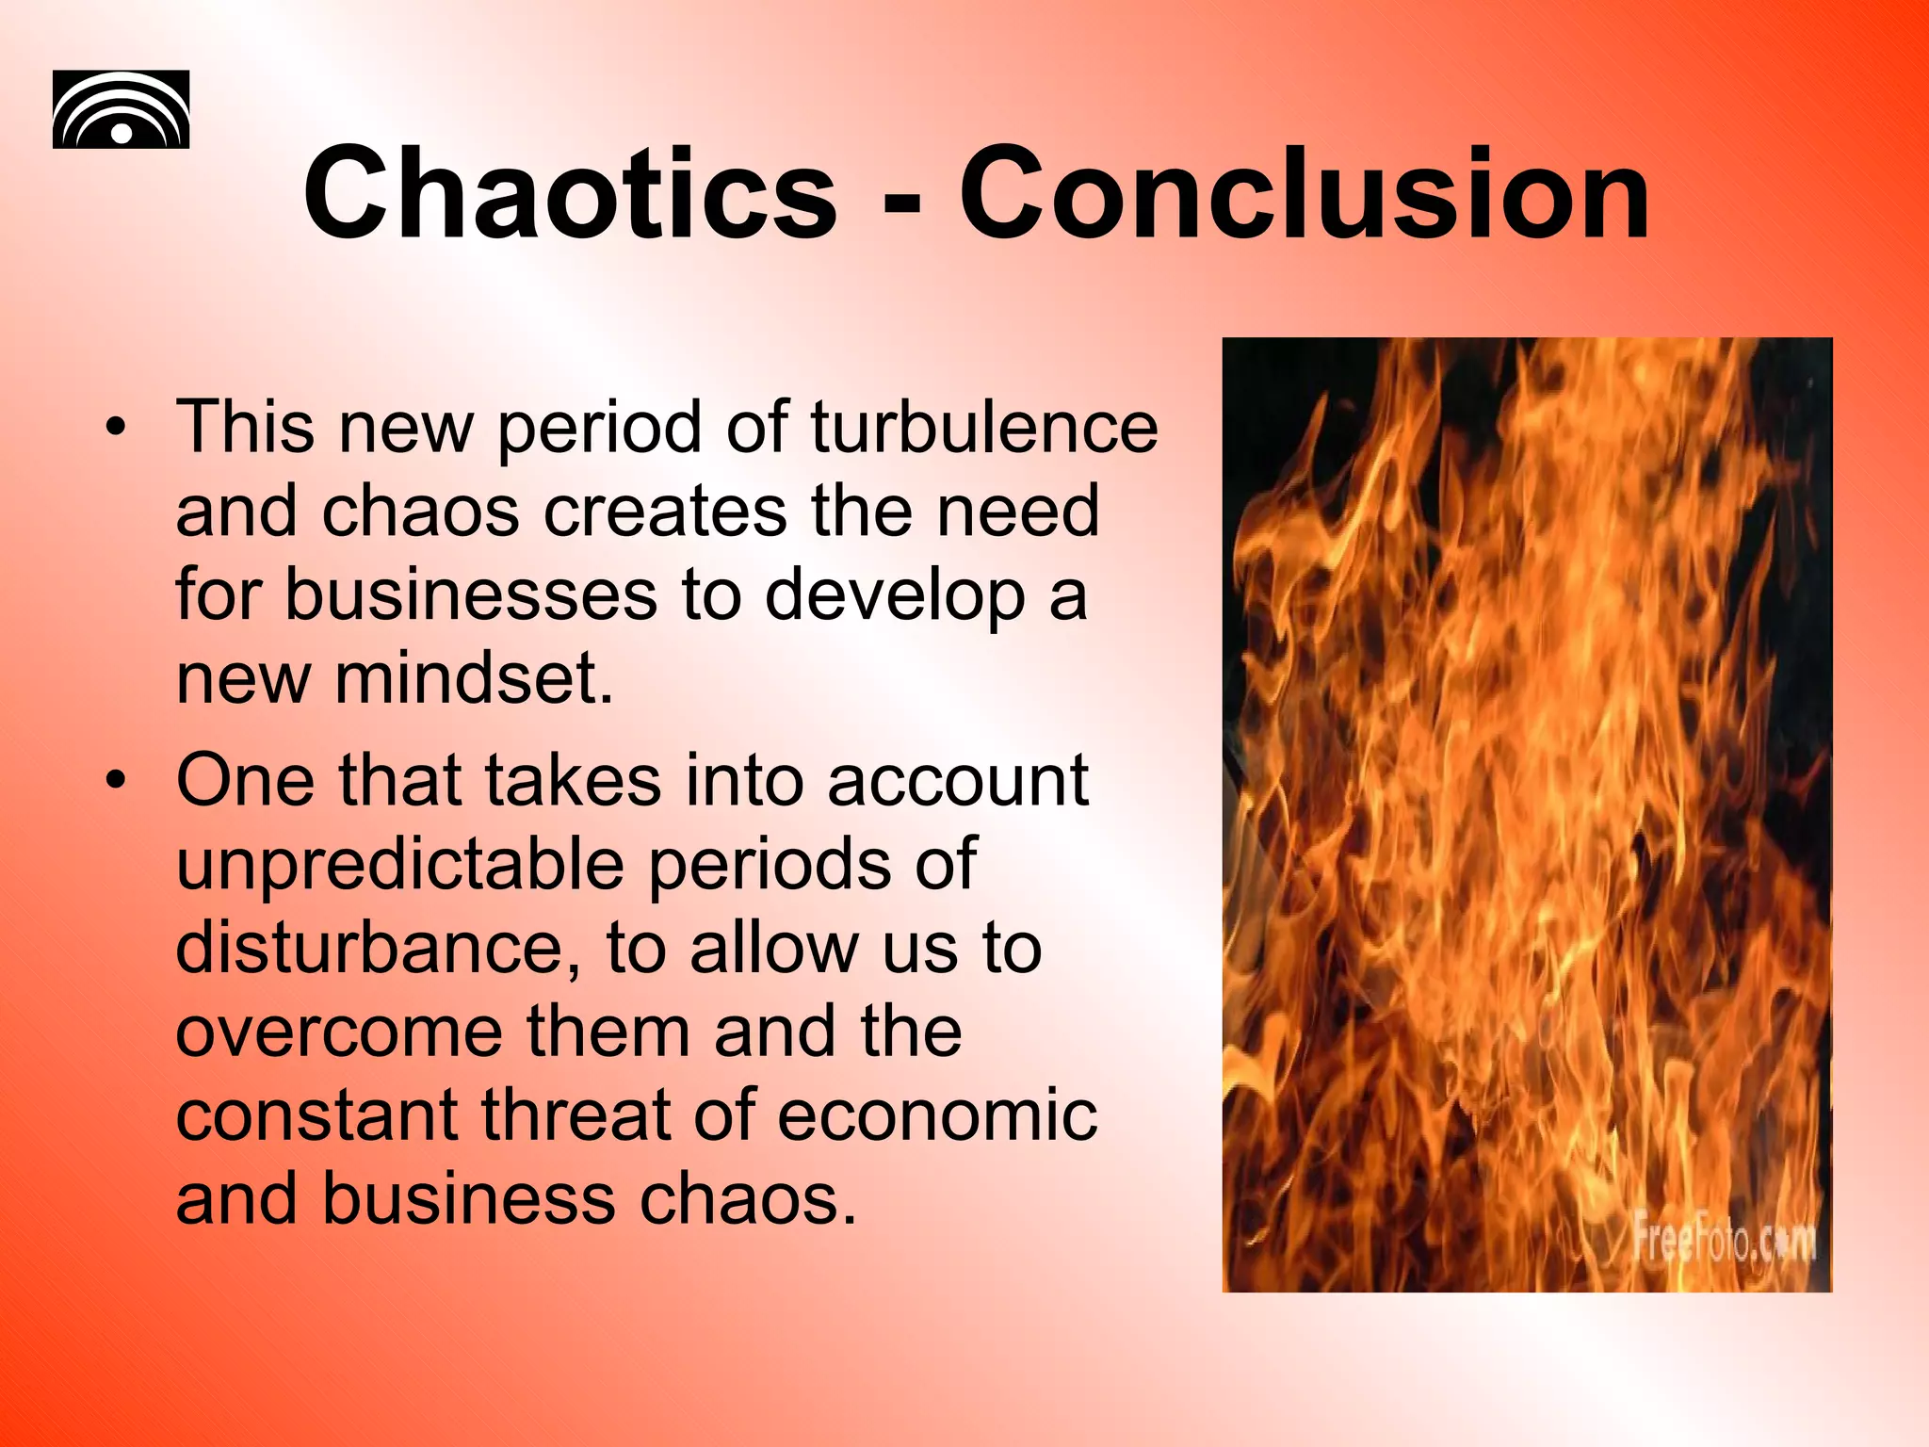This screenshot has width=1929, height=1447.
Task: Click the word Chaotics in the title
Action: click(570, 196)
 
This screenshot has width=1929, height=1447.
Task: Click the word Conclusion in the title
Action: click(1304, 196)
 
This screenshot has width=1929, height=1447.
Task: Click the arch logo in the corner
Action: click(121, 109)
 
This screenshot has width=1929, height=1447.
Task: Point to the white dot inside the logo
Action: click(122, 133)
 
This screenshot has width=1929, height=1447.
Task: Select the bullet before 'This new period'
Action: click(115, 428)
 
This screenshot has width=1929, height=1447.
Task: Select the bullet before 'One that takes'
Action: click(115, 781)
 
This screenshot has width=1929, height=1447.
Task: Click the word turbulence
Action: click(983, 428)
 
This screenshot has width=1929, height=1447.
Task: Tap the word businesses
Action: click(471, 595)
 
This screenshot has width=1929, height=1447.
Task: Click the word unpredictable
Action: click(399, 865)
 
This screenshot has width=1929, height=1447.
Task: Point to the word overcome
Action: click(338, 1032)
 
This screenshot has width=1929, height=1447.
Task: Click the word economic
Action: click(937, 1115)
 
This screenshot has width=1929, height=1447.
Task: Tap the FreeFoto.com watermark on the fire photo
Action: click(1723, 1238)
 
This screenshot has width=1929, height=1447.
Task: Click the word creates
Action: click(665, 512)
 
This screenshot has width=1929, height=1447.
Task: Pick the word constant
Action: click(316, 1115)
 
